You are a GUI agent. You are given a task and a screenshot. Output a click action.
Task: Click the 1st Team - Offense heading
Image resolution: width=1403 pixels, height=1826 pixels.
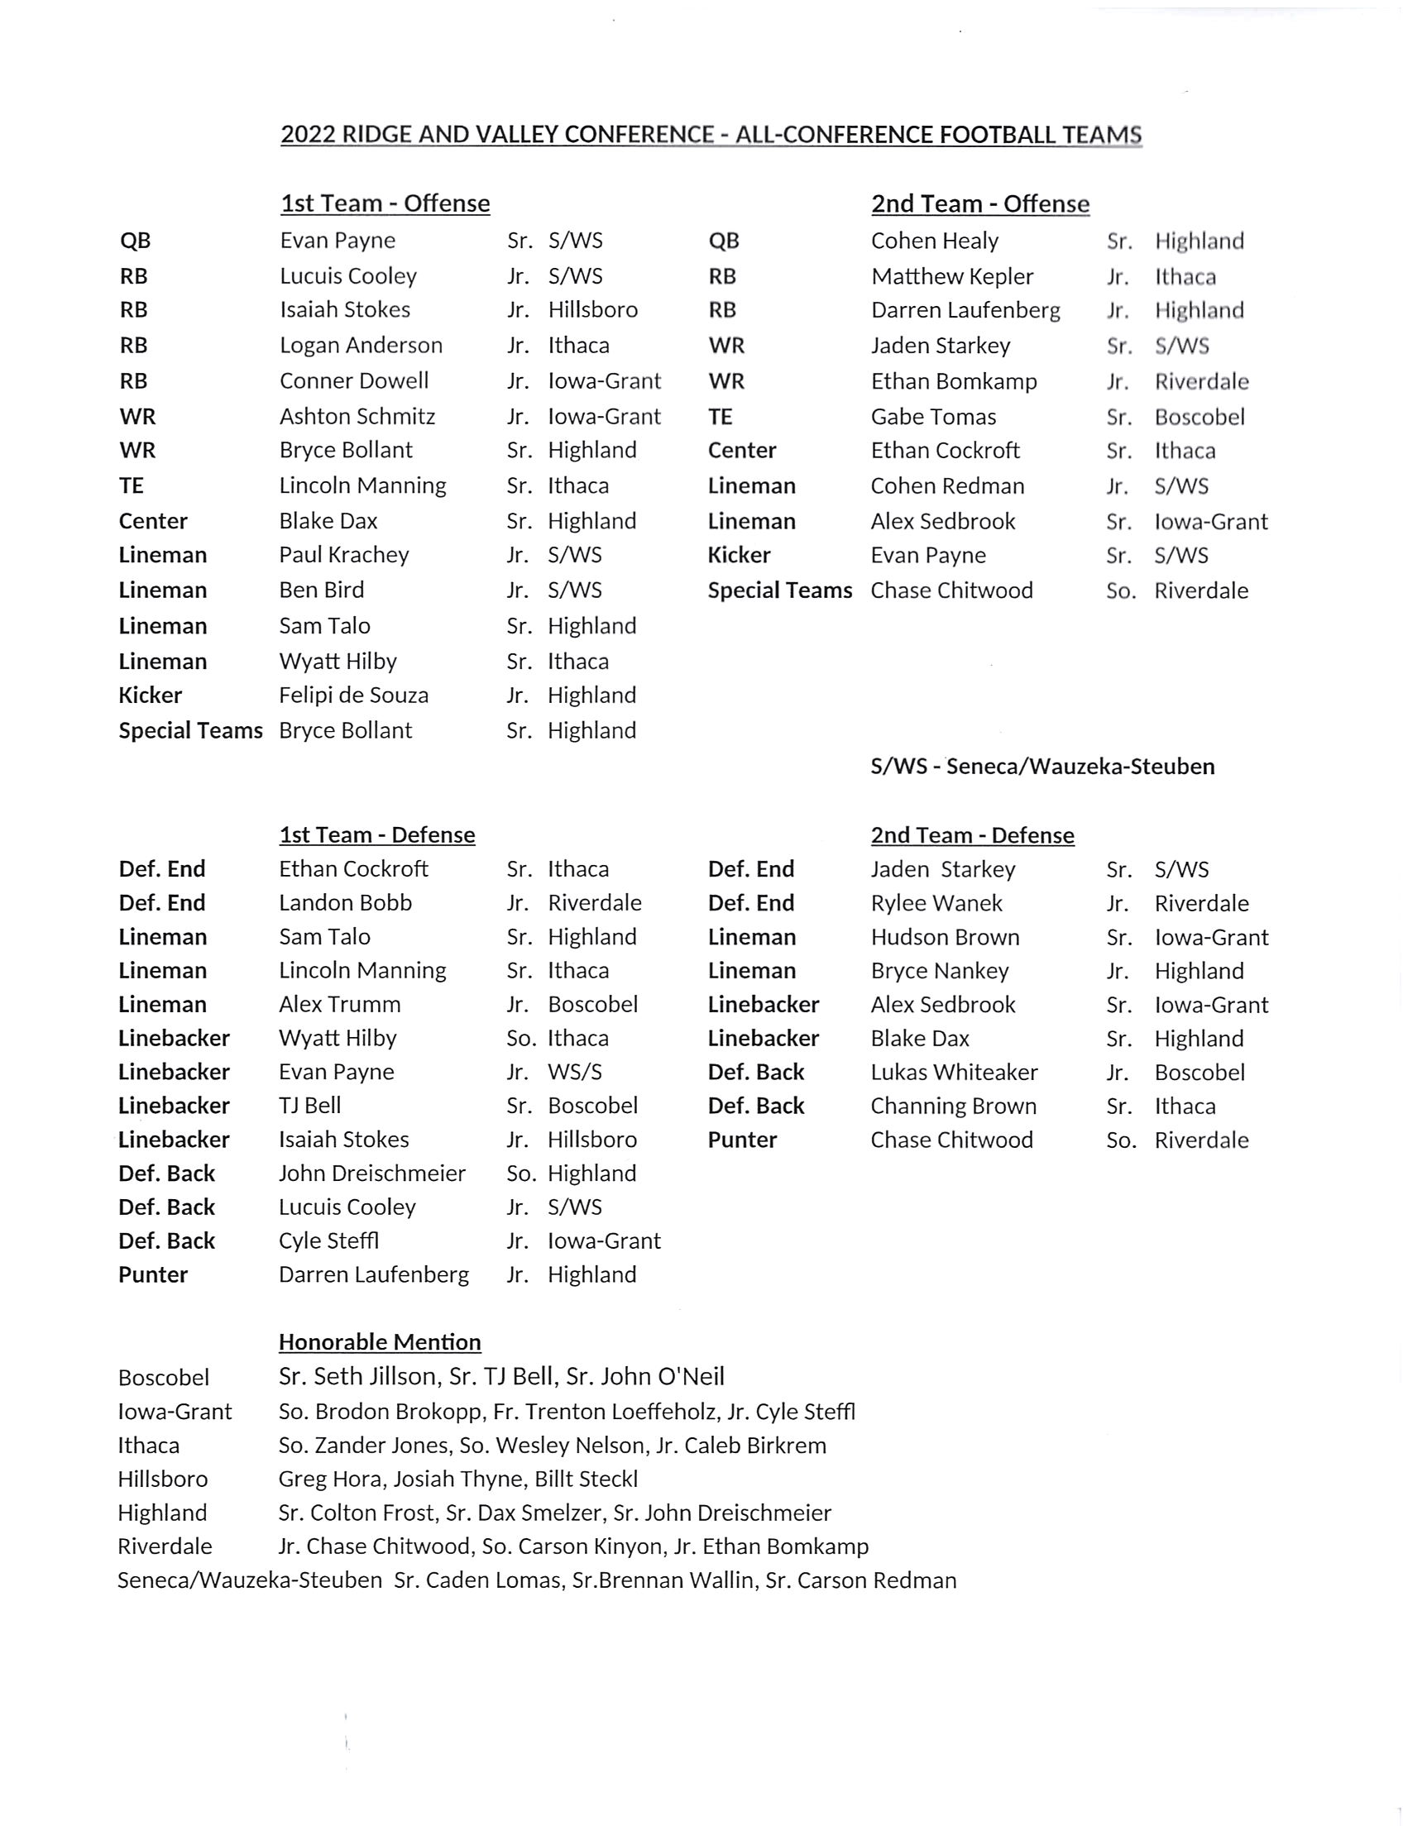point(385,203)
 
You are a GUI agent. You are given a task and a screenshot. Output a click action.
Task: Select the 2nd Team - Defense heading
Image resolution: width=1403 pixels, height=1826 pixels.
point(972,835)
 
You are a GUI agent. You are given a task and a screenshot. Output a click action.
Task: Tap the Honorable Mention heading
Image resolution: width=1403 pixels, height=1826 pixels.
point(380,1341)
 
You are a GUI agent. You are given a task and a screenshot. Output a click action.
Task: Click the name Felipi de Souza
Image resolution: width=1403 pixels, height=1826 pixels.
point(353,696)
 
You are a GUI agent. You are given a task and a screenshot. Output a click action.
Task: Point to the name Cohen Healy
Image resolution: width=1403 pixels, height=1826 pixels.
point(935,241)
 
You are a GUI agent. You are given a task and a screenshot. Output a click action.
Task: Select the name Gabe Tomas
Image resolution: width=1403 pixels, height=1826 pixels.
point(933,417)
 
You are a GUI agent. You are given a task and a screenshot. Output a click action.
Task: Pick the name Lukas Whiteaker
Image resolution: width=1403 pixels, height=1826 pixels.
point(954,1072)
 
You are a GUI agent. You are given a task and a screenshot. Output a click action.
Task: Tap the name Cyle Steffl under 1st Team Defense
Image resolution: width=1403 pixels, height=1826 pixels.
point(329,1240)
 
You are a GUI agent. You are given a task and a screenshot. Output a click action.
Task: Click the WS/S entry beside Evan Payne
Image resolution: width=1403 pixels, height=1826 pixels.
point(575,1072)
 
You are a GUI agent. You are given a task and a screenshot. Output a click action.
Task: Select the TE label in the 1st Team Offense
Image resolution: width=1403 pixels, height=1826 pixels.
point(131,486)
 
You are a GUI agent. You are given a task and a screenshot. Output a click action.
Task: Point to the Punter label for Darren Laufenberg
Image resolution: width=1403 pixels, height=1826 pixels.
point(153,1275)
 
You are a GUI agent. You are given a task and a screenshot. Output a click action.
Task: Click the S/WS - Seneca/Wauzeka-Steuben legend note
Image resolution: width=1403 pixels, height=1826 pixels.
point(1042,767)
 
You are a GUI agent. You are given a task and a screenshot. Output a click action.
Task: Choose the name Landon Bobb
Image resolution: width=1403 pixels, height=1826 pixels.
point(345,902)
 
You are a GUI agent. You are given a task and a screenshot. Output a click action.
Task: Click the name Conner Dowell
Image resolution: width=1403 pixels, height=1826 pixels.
point(353,380)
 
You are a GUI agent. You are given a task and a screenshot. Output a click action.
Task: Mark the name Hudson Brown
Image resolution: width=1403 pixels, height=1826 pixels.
point(945,937)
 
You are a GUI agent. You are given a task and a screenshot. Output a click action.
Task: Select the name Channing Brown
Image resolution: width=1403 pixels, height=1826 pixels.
point(953,1107)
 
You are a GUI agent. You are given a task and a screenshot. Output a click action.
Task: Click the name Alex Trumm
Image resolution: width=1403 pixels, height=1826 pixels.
point(339,1005)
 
